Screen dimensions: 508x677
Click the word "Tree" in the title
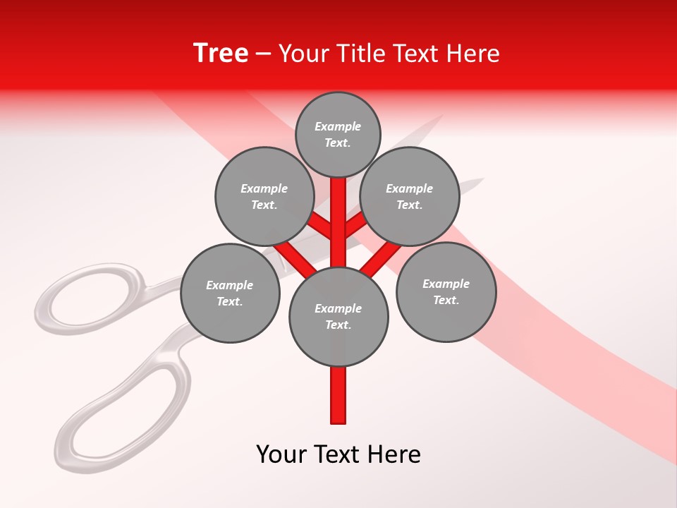click(x=221, y=53)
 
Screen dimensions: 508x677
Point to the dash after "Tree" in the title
click(x=263, y=54)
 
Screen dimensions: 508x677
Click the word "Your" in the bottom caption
click(x=281, y=454)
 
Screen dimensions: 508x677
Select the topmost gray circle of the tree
click(x=338, y=134)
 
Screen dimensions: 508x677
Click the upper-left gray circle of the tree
click(x=264, y=196)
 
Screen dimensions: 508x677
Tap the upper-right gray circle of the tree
click(x=410, y=196)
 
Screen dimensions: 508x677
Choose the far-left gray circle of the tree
click(x=229, y=293)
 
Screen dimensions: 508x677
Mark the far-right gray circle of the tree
click(x=446, y=291)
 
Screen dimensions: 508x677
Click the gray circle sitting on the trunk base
click(x=338, y=316)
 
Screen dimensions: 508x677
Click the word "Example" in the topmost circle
click(x=338, y=126)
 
